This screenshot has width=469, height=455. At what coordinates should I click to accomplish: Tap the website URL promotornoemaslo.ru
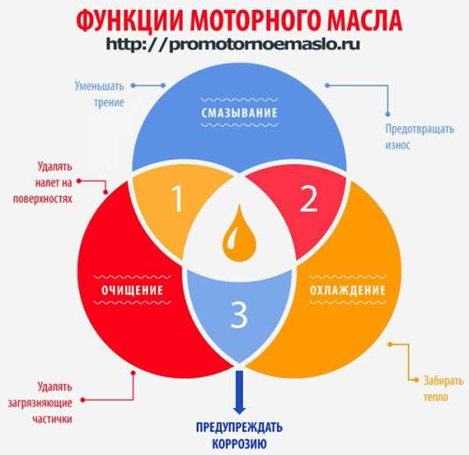233,45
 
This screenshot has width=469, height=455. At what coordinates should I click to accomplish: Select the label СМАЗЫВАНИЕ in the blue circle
240,113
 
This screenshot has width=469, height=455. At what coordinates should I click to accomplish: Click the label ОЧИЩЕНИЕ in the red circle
132,290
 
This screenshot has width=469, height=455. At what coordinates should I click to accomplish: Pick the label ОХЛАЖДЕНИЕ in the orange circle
348,290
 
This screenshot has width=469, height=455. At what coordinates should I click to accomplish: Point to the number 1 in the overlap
177,199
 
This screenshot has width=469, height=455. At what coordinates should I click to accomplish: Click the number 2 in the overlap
309,199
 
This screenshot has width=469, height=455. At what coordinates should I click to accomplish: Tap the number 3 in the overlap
239,314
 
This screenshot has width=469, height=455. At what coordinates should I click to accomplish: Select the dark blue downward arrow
239,392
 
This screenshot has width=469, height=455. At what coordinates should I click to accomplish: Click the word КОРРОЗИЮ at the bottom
239,444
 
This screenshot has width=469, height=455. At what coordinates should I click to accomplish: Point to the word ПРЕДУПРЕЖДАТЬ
239,427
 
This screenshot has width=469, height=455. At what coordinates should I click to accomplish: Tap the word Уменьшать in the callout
99,86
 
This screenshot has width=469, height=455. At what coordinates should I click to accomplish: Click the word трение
109,102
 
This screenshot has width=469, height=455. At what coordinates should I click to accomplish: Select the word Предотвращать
420,129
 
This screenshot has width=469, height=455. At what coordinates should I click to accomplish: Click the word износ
398,145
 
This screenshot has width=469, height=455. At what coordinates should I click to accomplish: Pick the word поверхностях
42,199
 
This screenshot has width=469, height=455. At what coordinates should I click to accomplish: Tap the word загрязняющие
40,403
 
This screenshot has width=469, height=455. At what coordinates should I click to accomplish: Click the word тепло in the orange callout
436,397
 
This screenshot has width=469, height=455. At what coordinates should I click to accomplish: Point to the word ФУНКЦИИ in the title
129,20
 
